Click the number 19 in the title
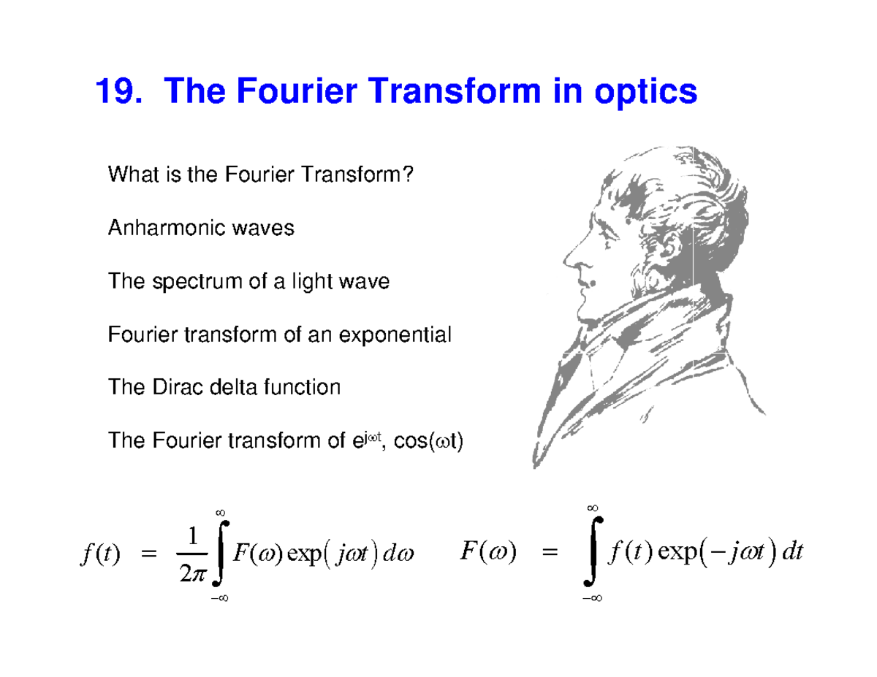117,93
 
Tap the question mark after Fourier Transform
419,176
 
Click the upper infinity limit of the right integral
593,507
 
